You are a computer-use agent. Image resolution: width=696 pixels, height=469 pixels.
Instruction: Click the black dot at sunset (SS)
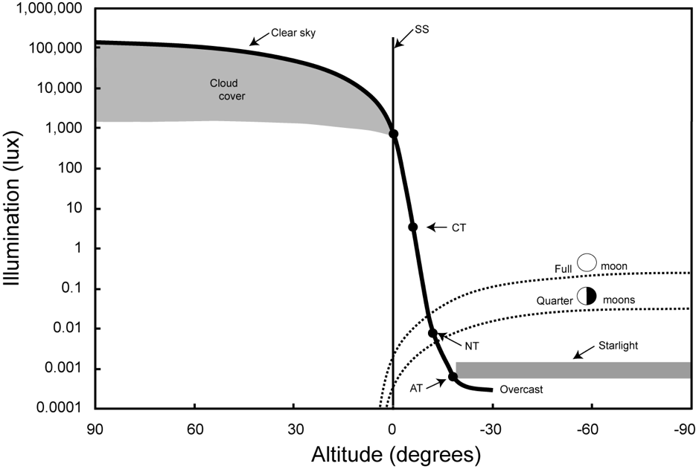[394, 134]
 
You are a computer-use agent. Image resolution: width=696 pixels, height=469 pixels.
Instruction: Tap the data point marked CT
[413, 227]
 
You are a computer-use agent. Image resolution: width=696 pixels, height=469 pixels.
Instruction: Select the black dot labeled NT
[432, 333]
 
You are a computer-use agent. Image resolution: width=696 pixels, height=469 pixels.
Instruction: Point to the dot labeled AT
[453, 377]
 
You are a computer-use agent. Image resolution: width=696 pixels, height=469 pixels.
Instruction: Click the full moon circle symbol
[588, 262]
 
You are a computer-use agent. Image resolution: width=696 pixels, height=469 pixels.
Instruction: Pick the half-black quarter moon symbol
[587, 295]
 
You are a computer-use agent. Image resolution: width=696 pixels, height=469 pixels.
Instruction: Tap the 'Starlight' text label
[619, 346]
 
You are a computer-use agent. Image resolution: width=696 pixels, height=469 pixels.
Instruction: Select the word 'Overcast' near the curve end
[521, 389]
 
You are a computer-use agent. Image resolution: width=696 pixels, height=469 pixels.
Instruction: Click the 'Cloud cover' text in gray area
[227, 89]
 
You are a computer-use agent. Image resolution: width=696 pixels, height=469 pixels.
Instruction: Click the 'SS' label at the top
[422, 30]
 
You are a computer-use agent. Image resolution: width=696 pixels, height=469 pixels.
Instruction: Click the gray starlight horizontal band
[573, 370]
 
